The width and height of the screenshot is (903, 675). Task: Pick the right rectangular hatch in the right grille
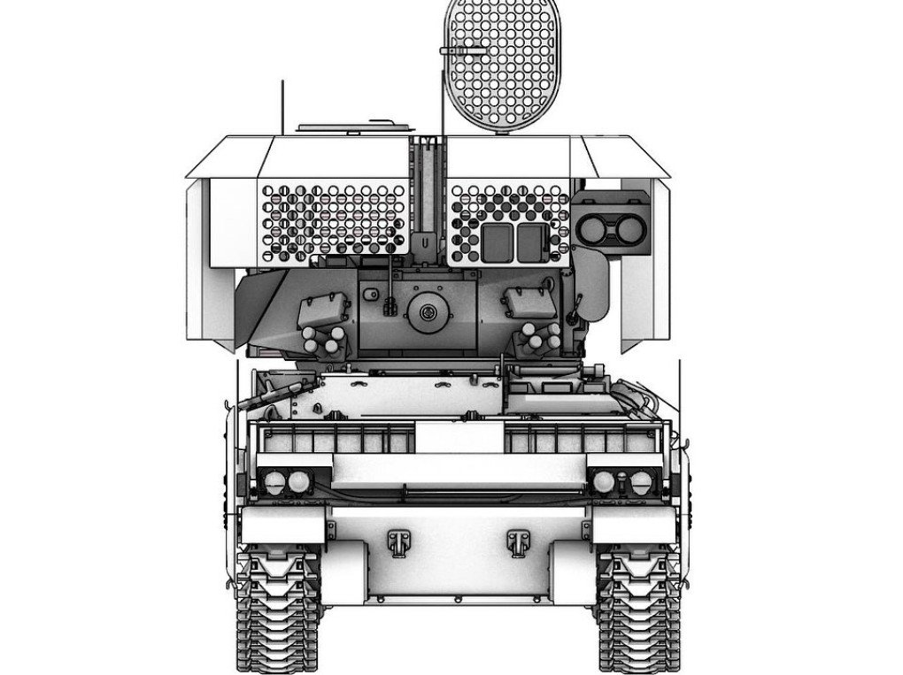coord(531,241)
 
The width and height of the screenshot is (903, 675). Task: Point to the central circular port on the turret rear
coord(428,311)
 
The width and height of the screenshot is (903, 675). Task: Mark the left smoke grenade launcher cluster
coord(322,340)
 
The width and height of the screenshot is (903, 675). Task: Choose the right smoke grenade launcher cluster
coord(540,336)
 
